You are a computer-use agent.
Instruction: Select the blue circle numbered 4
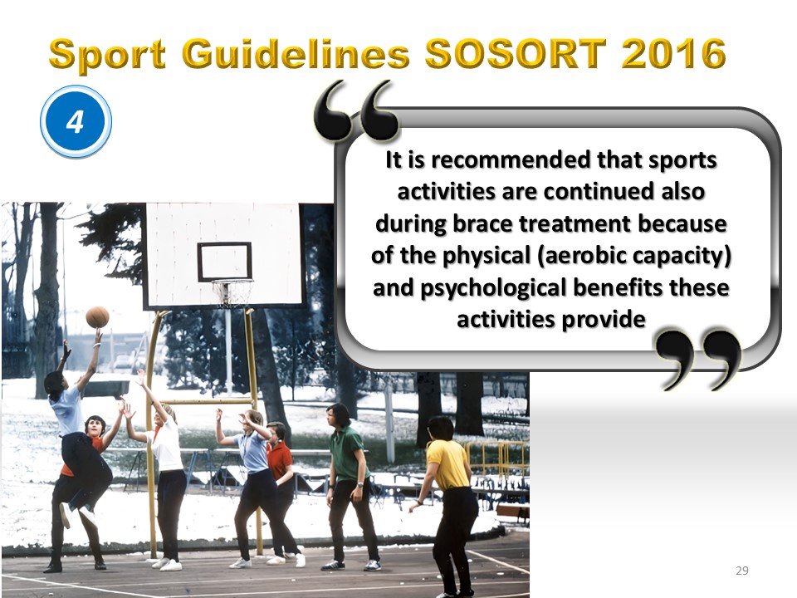(x=76, y=121)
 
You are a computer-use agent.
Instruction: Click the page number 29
(x=742, y=571)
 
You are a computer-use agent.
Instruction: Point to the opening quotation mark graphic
(x=356, y=110)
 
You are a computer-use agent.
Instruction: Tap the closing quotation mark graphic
(x=697, y=359)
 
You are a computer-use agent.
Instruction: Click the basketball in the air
(x=98, y=317)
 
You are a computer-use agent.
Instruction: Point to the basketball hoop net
(x=232, y=293)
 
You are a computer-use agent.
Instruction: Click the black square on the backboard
(x=225, y=262)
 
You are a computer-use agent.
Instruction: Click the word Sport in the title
(x=108, y=55)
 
